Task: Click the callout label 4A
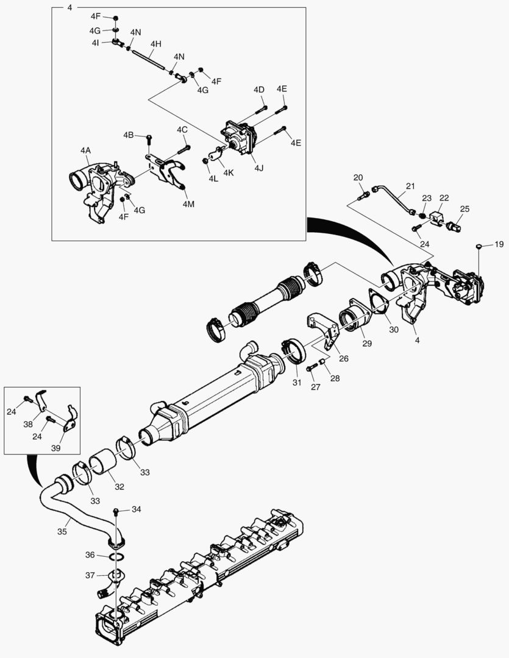[x=85, y=150]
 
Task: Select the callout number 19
[x=499, y=244]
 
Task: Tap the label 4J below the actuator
[x=258, y=167]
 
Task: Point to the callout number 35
[x=62, y=531]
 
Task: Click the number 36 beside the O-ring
[x=90, y=555]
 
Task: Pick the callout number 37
[x=90, y=575]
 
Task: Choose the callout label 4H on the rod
[x=156, y=44]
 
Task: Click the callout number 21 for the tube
[x=410, y=186]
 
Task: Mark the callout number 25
[x=465, y=209]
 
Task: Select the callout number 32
[x=119, y=487]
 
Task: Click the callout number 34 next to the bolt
[x=136, y=509]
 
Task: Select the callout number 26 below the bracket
[x=343, y=359]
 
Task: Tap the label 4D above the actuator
[x=259, y=90]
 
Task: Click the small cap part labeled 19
[x=479, y=246]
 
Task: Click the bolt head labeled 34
[x=115, y=509]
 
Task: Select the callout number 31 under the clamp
[x=297, y=383]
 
